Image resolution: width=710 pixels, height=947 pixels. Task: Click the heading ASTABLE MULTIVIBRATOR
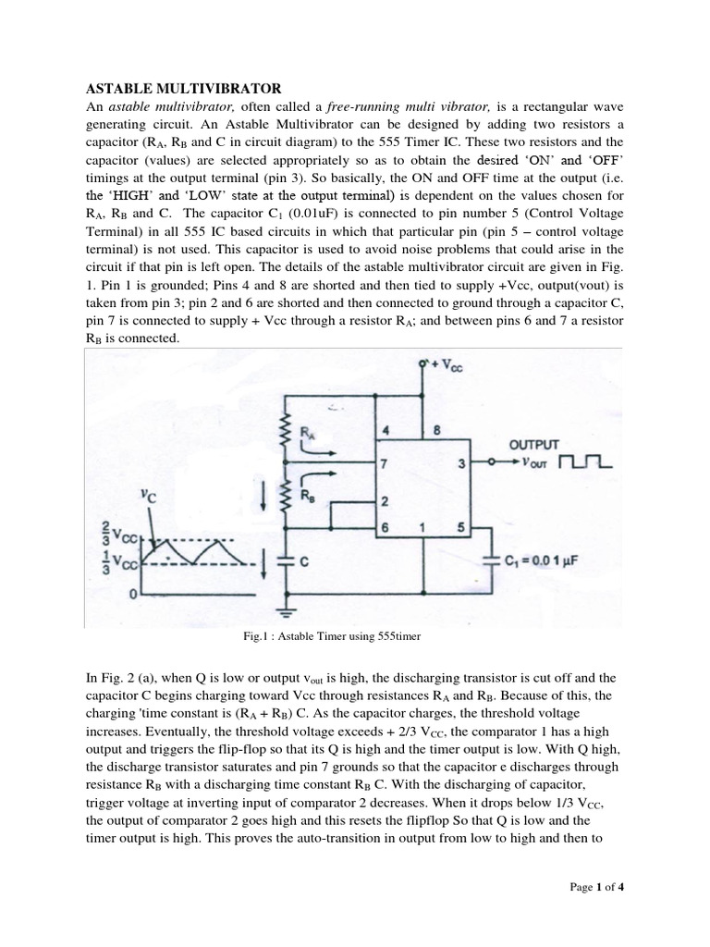click(183, 89)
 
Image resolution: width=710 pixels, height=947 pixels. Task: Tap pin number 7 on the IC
click(385, 461)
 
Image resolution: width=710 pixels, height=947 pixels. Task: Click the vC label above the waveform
click(149, 495)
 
